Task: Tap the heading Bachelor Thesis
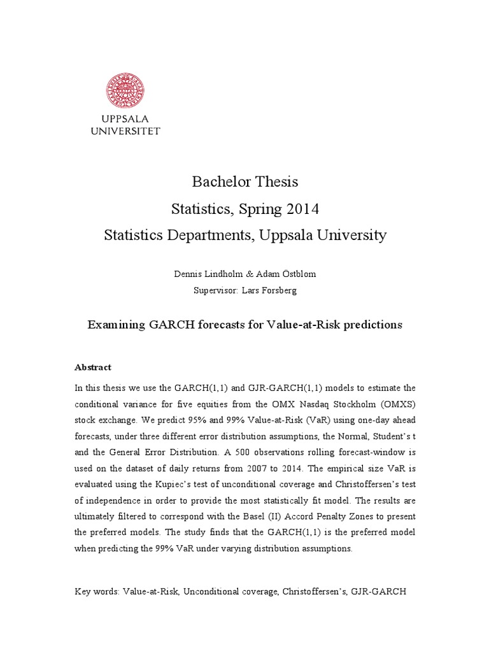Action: point(245,182)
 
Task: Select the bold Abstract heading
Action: point(93,367)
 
